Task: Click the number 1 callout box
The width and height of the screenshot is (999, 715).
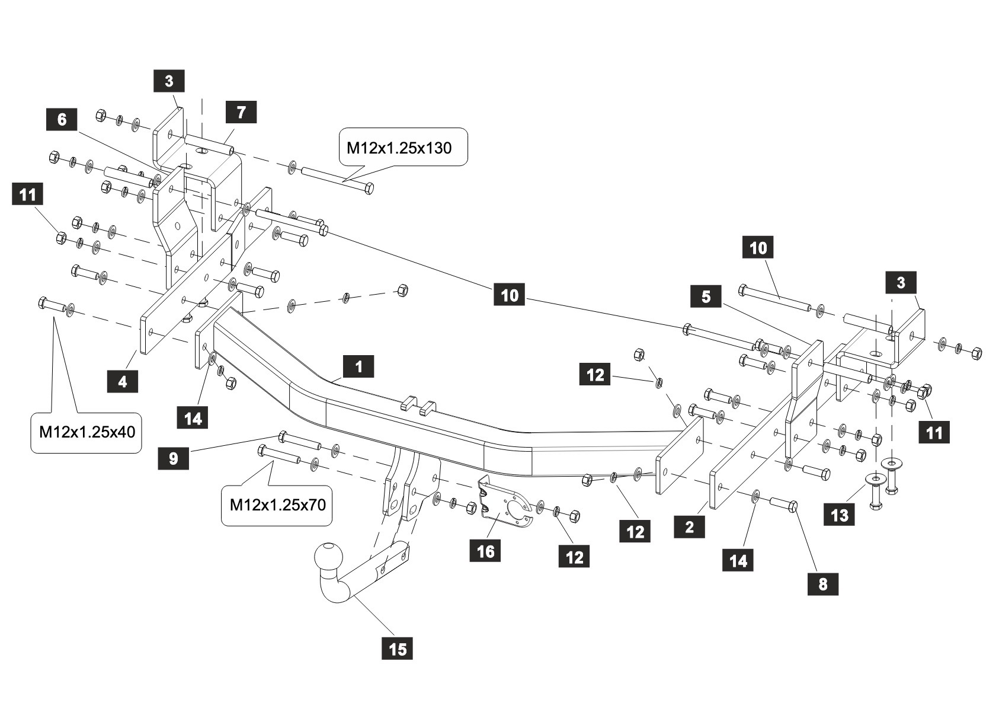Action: [x=358, y=366]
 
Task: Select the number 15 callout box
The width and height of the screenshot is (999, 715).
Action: [x=398, y=649]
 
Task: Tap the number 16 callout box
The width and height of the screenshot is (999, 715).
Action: [x=485, y=551]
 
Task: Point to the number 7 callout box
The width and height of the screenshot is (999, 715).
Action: [x=241, y=112]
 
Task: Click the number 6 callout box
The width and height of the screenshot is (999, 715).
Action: [x=62, y=119]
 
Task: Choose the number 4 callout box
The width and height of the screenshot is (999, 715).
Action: [x=123, y=382]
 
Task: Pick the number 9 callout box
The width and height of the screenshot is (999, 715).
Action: [x=174, y=458]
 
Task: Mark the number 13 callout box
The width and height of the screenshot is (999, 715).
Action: [x=840, y=515]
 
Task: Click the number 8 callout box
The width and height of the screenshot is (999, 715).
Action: [x=823, y=584]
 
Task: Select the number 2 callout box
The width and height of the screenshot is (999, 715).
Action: [x=690, y=527]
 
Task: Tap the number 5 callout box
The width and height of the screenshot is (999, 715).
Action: [x=706, y=296]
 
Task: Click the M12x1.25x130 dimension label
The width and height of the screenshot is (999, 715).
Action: [x=399, y=148]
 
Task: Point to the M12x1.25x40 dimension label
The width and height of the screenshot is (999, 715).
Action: [x=87, y=432]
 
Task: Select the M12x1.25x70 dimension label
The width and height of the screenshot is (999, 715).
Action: [x=277, y=505]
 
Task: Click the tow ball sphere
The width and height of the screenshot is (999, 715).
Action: [x=329, y=557]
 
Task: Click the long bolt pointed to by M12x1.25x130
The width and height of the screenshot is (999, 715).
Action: [x=338, y=179]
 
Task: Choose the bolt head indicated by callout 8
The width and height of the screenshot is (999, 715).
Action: [x=793, y=506]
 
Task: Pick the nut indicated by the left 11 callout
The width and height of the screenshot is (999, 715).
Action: [x=61, y=237]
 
